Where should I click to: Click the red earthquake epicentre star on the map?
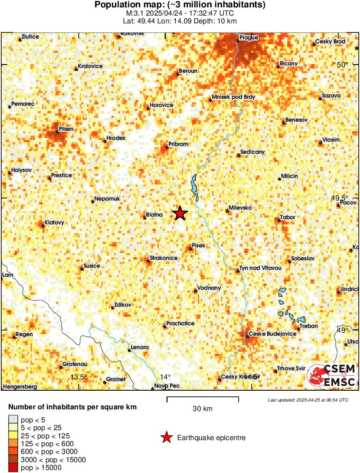coord(180,213)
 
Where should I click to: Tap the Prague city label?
coord(249,38)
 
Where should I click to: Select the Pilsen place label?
coord(66,129)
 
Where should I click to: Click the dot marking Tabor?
coord(279,221)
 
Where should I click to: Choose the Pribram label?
coord(177,147)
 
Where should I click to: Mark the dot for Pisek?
coord(191,249)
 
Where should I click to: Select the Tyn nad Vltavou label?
coord(261,269)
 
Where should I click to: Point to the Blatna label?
coord(154,214)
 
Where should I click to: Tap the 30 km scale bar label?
coord(202,408)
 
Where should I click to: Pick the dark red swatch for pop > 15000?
coord(13,467)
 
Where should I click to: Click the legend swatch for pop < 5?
coord(13,419)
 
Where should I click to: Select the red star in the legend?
coord(166,438)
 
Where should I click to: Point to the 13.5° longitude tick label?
coord(79,377)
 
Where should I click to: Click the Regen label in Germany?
coord(24,334)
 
